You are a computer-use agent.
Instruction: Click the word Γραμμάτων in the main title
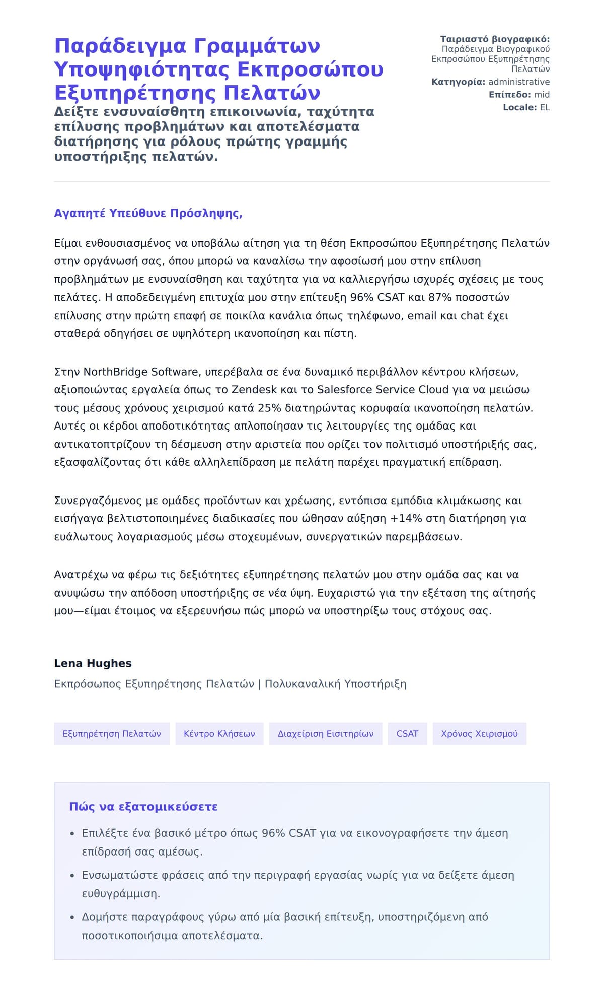(x=257, y=46)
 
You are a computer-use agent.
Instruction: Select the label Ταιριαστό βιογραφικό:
(x=495, y=39)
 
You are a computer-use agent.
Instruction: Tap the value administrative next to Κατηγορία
(x=519, y=82)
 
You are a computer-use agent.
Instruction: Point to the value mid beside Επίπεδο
(x=542, y=94)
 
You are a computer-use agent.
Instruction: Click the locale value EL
(x=545, y=107)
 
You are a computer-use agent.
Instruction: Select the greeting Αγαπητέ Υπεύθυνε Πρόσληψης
(x=148, y=213)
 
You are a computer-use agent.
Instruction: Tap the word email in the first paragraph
(x=422, y=315)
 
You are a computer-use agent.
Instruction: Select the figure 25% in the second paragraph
(x=269, y=408)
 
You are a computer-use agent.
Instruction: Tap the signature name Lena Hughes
(x=93, y=663)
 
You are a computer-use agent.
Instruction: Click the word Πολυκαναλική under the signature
(x=302, y=684)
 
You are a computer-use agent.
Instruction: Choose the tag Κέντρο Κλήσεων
(x=219, y=734)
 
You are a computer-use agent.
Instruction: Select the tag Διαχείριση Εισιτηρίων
(x=326, y=734)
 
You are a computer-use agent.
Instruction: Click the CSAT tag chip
(x=407, y=734)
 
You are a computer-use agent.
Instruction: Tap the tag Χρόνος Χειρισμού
(x=479, y=734)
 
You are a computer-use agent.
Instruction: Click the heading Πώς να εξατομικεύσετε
(x=143, y=807)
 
